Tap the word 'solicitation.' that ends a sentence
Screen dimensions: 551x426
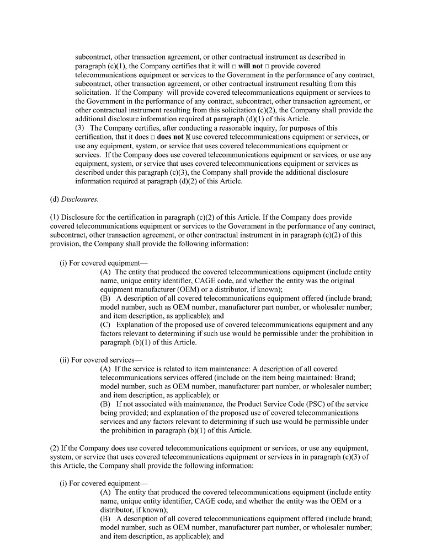coord(93,93)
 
